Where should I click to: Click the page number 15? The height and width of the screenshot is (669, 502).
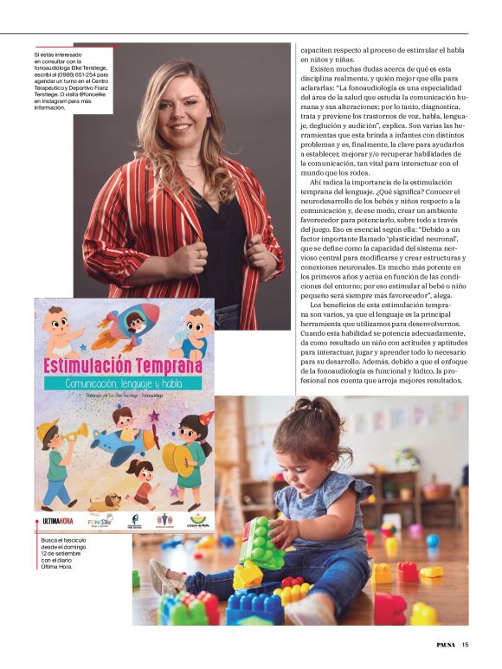coord(465,643)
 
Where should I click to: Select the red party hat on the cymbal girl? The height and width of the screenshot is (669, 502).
coord(205,420)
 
